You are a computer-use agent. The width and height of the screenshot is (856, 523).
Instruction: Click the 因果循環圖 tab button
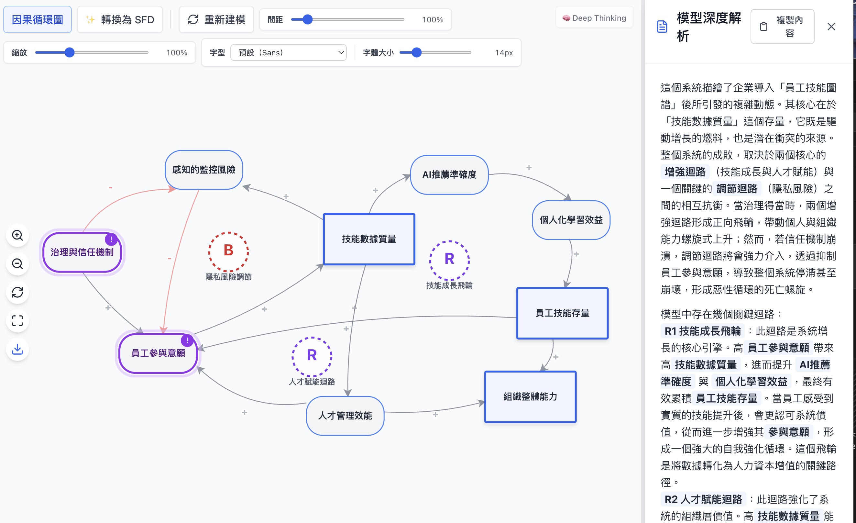click(x=38, y=20)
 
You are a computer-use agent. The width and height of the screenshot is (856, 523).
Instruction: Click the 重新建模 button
click(x=216, y=20)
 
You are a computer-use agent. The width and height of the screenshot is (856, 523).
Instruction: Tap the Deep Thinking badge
click(x=594, y=18)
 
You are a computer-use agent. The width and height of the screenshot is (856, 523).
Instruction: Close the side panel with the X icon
click(x=831, y=27)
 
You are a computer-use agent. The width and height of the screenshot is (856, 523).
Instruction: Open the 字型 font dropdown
click(x=288, y=52)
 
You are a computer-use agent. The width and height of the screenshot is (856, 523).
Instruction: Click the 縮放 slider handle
click(x=70, y=52)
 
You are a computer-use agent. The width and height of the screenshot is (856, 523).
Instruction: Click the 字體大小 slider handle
click(x=417, y=52)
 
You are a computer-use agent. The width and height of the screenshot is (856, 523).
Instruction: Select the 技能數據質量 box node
click(x=369, y=239)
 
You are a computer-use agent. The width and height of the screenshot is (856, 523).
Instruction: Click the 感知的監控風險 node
click(x=204, y=170)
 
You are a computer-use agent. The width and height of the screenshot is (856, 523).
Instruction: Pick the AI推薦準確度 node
click(x=449, y=175)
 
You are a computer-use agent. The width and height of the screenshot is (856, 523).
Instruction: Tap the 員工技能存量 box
click(x=562, y=313)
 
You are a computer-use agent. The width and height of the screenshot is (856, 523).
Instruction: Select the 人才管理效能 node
click(x=345, y=416)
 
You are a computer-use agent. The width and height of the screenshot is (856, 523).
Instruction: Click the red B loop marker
click(x=228, y=251)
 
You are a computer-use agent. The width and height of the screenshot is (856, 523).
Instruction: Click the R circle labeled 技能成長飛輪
click(x=449, y=260)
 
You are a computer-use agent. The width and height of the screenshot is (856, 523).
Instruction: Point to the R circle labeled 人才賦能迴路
click(x=312, y=356)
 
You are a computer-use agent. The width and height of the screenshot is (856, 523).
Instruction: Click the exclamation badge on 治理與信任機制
click(x=111, y=239)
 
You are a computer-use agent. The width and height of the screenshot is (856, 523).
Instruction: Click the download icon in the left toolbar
click(x=17, y=349)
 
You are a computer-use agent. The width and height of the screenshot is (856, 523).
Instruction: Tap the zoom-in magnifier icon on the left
click(x=17, y=236)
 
